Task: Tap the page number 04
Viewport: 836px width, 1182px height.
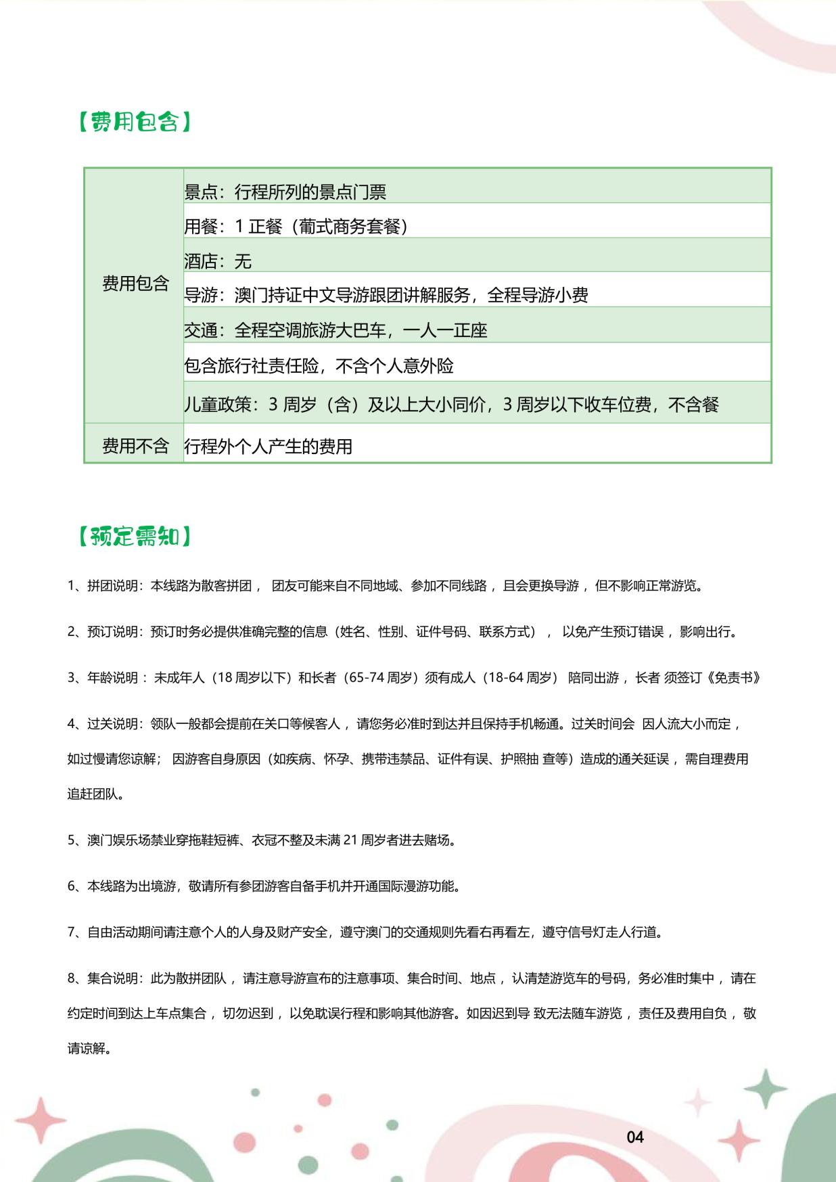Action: coord(635,1137)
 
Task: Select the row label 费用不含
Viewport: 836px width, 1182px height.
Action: coord(135,446)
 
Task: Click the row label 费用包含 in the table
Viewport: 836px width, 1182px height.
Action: coord(135,283)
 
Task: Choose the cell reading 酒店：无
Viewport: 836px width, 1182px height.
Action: coord(218,261)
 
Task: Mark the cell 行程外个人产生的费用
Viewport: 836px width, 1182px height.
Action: coord(268,447)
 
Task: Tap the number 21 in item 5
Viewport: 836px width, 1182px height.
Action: coord(350,840)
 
